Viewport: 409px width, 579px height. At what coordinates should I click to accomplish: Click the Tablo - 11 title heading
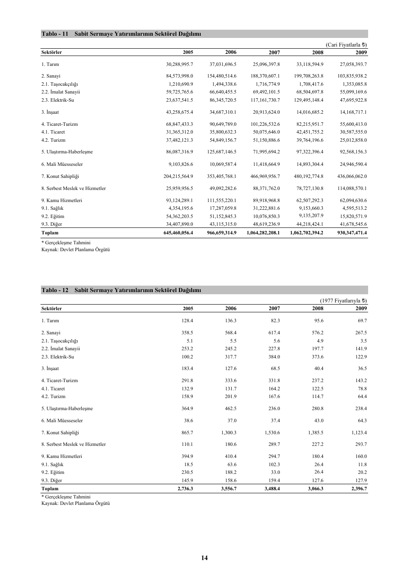pyautogui.click(x=121, y=34)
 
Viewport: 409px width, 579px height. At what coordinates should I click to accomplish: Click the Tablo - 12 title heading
pyautogui.click(x=121, y=290)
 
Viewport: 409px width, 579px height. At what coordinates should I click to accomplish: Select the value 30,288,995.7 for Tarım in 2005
pyautogui.click(x=180, y=64)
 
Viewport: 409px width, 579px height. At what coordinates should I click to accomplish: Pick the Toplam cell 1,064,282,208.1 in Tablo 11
pyautogui.click(x=263, y=233)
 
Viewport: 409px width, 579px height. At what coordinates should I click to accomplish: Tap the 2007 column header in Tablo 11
pyautogui.click(x=274, y=53)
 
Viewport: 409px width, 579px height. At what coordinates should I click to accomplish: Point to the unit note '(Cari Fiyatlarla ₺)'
pyautogui.click(x=346, y=44)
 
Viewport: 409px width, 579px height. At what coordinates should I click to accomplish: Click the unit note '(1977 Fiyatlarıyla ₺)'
pyautogui.click(x=343, y=301)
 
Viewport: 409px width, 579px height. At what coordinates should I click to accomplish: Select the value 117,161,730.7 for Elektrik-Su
pyautogui.click(x=266, y=100)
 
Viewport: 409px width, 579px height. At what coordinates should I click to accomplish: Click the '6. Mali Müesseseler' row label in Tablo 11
pyautogui.click(x=62, y=164)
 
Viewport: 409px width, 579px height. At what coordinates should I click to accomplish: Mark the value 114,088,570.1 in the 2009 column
pyautogui.click(x=352, y=188)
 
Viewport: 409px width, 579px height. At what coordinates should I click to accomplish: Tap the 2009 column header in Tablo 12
pyautogui.click(x=361, y=308)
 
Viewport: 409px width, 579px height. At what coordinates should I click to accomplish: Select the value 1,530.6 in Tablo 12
pyautogui.click(x=272, y=433)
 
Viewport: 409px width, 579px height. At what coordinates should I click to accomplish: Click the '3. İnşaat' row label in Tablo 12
pyautogui.click(x=50, y=368)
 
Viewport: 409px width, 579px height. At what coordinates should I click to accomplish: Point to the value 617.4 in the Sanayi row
pyautogui.click(x=274, y=333)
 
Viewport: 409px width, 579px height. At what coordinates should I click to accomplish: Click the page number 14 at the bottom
pyautogui.click(x=204, y=558)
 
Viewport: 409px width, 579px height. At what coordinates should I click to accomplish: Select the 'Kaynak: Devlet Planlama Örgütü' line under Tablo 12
pyautogui.click(x=75, y=503)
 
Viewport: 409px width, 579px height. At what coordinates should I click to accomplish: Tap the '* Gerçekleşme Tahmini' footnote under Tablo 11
pyautogui.click(x=66, y=243)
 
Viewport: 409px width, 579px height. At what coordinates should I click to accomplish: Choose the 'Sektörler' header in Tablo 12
pyautogui.click(x=52, y=308)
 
